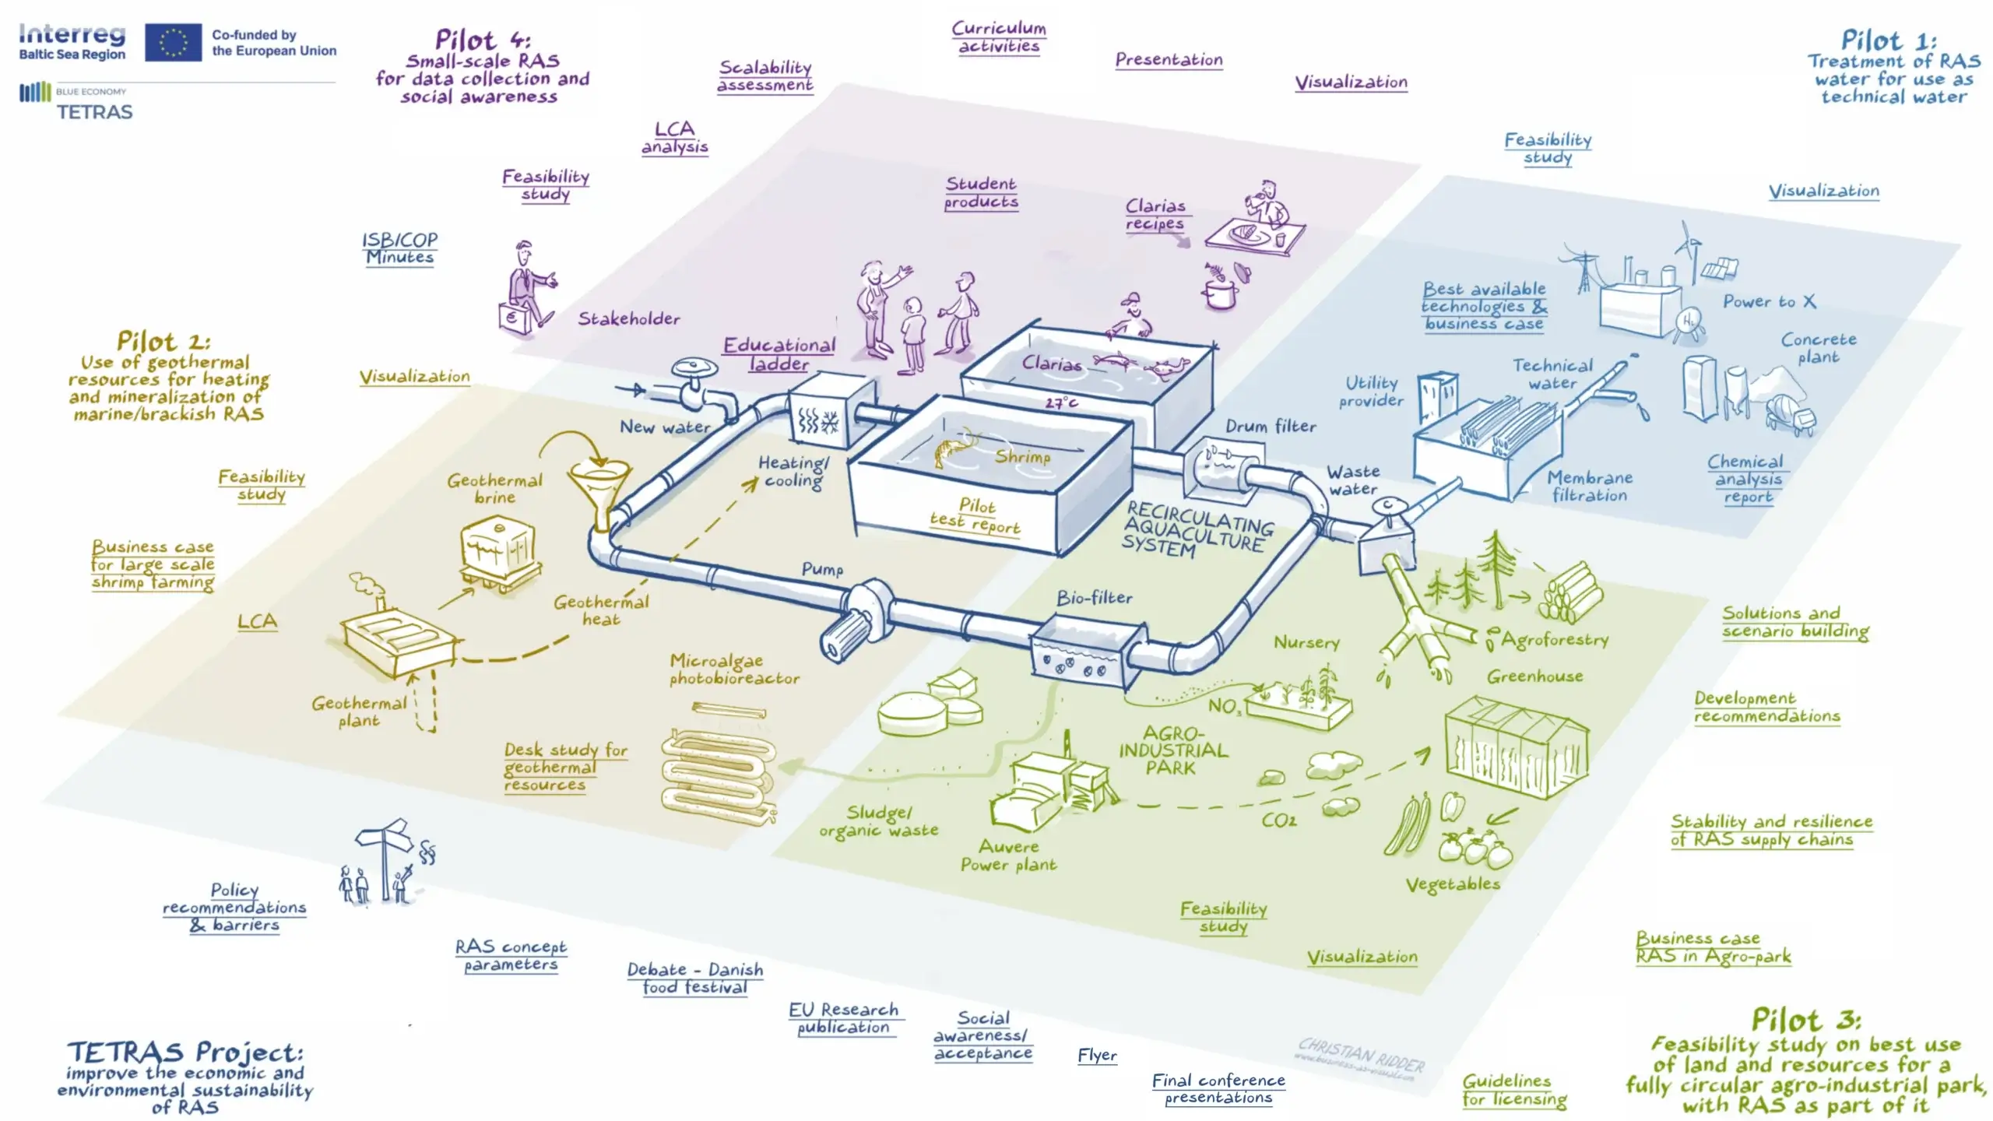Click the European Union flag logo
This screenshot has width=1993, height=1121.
pyautogui.click(x=173, y=42)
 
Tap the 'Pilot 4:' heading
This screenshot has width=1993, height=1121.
pyautogui.click(x=483, y=39)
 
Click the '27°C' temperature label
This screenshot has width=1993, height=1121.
pyautogui.click(x=1061, y=402)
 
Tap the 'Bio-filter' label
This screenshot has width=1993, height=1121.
pyautogui.click(x=1094, y=598)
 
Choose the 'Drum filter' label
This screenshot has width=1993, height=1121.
pyautogui.click(x=1271, y=426)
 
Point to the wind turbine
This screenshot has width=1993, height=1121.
pyautogui.click(x=1688, y=249)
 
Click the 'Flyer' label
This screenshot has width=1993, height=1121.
pyautogui.click(x=1097, y=1056)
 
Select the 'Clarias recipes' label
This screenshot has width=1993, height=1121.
pyautogui.click(x=1155, y=214)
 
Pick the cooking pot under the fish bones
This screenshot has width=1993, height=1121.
pyautogui.click(x=1219, y=294)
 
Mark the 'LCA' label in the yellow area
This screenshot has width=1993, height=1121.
pyautogui.click(x=257, y=621)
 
